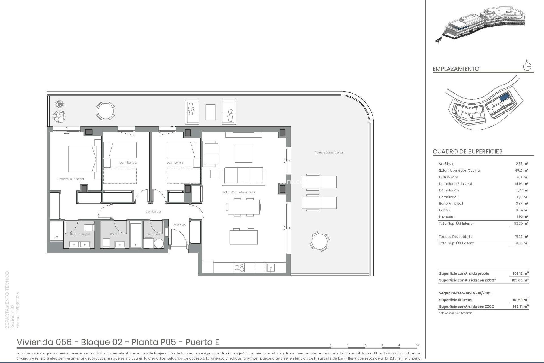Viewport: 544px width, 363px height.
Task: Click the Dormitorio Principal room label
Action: pyautogui.click(x=71, y=179)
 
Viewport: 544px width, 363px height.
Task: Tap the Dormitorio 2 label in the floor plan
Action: pyautogui.click(x=128, y=163)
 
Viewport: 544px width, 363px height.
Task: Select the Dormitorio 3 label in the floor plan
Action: pyautogui.click(x=175, y=163)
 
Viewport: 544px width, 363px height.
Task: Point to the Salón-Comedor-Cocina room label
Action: pyautogui.click(x=239, y=192)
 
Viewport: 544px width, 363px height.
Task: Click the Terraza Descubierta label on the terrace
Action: pyautogui.click(x=329, y=153)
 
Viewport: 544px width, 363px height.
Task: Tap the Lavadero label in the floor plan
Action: pyautogui.click(x=153, y=234)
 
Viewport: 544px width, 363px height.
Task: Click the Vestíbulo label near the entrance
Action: pyautogui.click(x=179, y=225)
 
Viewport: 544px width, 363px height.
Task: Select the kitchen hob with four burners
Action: pyautogui.click(x=239, y=267)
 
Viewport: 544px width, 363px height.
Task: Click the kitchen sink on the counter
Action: pyautogui.click(x=271, y=267)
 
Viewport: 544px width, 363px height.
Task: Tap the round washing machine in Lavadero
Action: pyautogui.click(x=159, y=243)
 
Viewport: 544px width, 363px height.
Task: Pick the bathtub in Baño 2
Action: pyautogui.click(x=135, y=235)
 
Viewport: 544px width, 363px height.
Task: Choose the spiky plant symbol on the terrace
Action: pyautogui.click(x=59, y=104)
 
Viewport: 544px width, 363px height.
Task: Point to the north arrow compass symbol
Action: pyautogui.click(x=527, y=67)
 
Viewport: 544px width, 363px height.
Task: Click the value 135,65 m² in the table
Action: pyautogui.click(x=520, y=280)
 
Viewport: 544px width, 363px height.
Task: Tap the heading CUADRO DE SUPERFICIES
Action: pyautogui.click(x=467, y=151)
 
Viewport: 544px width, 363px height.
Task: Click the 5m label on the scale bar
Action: pyautogui.click(x=418, y=345)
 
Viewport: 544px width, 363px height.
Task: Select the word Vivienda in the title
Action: pyautogui.click(x=35, y=342)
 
